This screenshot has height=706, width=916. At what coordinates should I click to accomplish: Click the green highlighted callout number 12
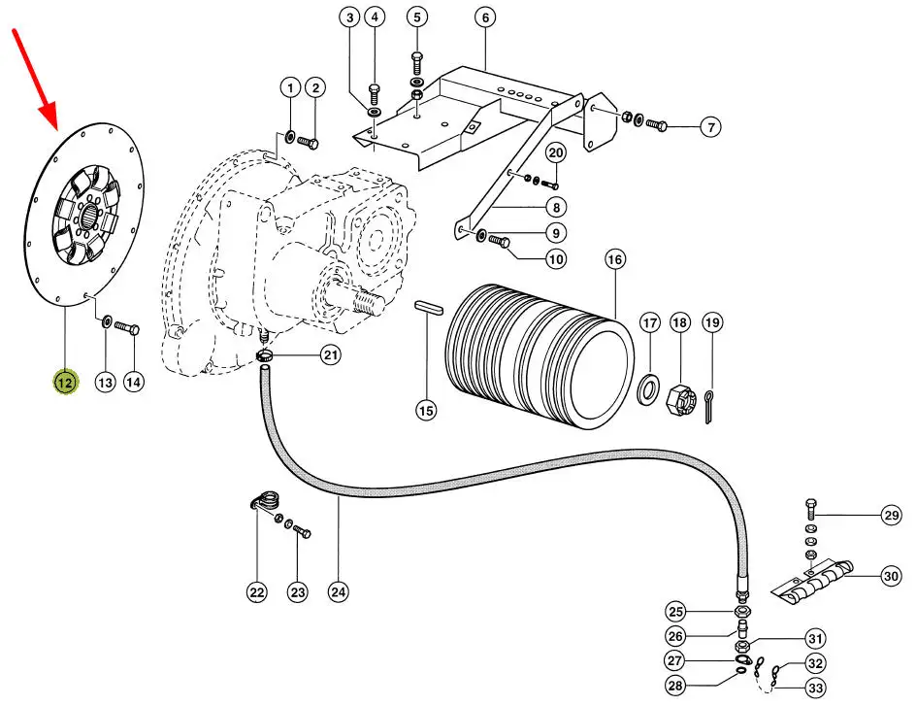click(65, 383)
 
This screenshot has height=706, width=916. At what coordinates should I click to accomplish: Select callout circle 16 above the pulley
click(614, 259)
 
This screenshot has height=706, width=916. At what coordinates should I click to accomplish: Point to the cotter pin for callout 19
click(709, 407)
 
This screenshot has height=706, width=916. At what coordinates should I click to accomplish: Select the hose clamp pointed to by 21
click(265, 354)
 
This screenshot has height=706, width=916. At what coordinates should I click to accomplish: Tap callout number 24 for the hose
click(339, 592)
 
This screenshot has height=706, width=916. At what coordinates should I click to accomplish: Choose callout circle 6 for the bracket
click(485, 17)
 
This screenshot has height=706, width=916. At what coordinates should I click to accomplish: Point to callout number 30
click(891, 576)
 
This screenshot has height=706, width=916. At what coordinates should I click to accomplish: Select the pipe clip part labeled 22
click(265, 501)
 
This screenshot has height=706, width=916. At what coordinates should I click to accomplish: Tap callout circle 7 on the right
click(710, 127)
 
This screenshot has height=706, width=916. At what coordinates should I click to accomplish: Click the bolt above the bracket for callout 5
click(416, 63)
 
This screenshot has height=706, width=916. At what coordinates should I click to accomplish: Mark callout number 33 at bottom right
click(815, 688)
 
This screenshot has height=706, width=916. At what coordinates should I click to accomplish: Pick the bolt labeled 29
click(811, 510)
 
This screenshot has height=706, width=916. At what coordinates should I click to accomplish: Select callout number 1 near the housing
click(290, 88)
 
